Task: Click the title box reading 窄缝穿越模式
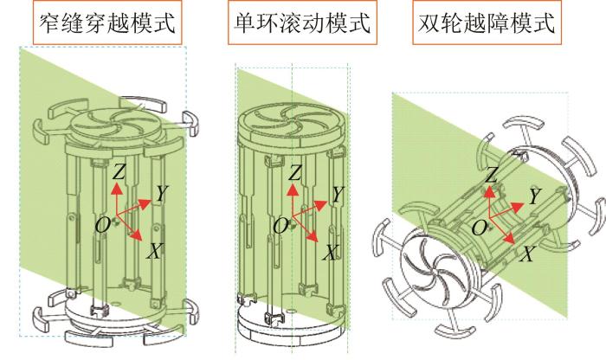107,22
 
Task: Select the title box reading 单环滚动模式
302,22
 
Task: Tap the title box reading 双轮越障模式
487,22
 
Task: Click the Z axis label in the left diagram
119,171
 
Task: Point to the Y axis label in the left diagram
162,193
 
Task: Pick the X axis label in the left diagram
154,252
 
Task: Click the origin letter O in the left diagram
103,225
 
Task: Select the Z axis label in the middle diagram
295,173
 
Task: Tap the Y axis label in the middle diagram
338,195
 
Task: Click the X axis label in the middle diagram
331,253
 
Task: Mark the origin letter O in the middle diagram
280,227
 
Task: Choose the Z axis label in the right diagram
491,175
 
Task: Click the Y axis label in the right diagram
534,196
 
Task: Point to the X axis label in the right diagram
527,254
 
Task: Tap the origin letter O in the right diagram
480,228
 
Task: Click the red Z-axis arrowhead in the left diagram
116,188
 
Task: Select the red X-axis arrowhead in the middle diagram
313,237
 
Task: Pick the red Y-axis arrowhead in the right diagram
518,207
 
